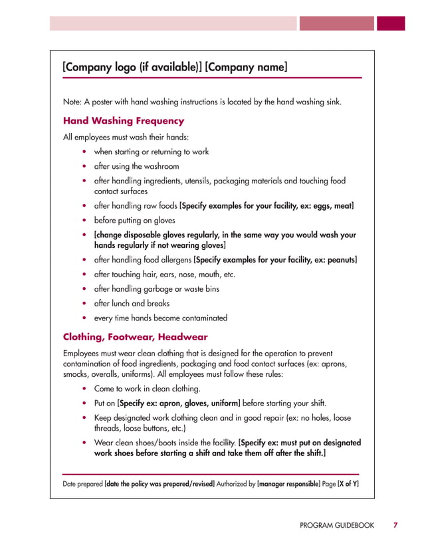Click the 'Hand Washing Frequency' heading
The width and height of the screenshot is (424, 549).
123,121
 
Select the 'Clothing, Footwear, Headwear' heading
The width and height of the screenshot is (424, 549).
135,337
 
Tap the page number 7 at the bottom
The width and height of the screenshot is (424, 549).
395,525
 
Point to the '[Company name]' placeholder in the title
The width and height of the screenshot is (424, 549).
247,67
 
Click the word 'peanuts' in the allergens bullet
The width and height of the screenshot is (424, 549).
339,259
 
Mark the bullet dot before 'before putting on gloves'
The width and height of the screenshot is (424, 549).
84,221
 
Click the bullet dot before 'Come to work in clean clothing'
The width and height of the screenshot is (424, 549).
84,389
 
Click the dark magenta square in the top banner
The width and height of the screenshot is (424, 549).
391,23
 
